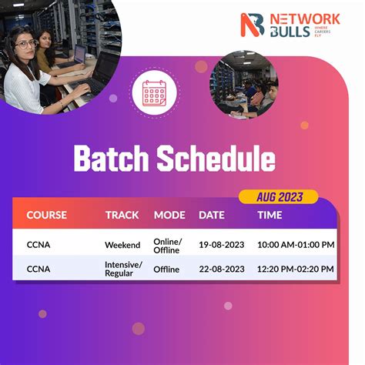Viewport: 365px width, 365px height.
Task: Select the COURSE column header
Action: [47, 215]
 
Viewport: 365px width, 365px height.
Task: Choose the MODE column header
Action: [169, 215]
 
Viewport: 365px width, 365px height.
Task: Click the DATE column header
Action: [212, 215]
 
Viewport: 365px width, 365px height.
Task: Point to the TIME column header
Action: [270, 215]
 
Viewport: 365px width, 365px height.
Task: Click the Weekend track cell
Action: [122, 245]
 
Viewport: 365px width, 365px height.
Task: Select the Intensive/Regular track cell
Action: [124, 269]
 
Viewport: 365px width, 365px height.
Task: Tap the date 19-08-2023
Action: [222, 245]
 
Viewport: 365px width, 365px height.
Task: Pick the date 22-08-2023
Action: [222, 270]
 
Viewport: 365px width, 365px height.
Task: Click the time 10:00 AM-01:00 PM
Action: [296, 245]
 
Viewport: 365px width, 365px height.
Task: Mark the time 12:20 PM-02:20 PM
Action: [296, 270]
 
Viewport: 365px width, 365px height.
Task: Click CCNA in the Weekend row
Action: [39, 245]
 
